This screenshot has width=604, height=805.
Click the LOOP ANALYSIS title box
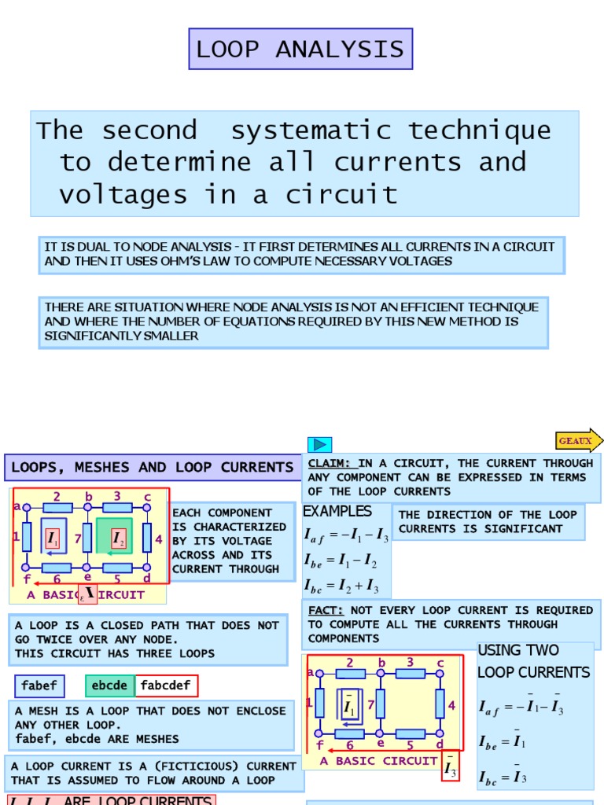pyautogui.click(x=300, y=50)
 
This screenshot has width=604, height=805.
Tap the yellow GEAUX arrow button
pyautogui.click(x=579, y=441)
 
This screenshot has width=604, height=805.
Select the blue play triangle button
pyautogui.click(x=319, y=444)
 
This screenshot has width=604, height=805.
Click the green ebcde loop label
pyautogui.click(x=109, y=686)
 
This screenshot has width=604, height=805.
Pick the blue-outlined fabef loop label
pyautogui.click(x=39, y=686)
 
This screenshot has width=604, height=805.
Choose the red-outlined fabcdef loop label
pyautogui.click(x=165, y=686)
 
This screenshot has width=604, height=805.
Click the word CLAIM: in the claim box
pyautogui.click(x=330, y=463)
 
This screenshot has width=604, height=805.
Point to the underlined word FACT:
pyautogui.click(x=326, y=610)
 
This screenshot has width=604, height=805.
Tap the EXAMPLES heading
pyautogui.click(x=337, y=511)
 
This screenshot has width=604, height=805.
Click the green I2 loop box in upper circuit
pyautogui.click(x=119, y=539)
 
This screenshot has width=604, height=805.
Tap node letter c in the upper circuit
pyautogui.click(x=147, y=497)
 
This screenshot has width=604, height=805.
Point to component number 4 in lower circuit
pyautogui.click(x=451, y=706)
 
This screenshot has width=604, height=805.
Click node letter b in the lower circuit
pyautogui.click(x=381, y=663)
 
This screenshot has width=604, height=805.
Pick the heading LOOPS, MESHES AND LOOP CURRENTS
pyautogui.click(x=152, y=468)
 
